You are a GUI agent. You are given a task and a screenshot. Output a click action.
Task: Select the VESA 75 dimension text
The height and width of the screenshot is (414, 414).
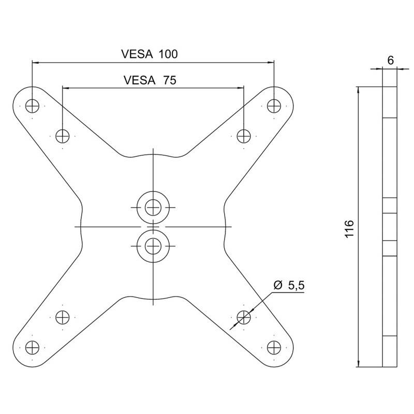coord(150,80)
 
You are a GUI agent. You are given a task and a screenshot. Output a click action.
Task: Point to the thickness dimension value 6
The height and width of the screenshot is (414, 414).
coord(390,60)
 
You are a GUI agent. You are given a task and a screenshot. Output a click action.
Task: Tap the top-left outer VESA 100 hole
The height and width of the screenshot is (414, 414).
coord(32,106)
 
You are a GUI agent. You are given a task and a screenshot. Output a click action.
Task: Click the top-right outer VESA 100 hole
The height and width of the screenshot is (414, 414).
coord(274,106)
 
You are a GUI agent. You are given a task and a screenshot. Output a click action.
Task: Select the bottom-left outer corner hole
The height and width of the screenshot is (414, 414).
coord(32,347)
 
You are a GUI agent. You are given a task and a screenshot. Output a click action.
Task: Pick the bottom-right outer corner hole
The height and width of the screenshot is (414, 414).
coord(274,347)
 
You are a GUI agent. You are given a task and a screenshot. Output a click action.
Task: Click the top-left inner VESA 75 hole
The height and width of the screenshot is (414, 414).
coord(62,136)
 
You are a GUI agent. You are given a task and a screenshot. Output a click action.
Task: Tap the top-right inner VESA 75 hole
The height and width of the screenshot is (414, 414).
coord(243,136)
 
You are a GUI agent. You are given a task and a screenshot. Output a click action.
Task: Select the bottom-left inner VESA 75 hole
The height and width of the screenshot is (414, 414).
coord(62,316)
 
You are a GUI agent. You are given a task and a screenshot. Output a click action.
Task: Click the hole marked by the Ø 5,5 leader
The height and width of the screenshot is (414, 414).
coord(243,316)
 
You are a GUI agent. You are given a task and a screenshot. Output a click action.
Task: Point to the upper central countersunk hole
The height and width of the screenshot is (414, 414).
coord(153,207)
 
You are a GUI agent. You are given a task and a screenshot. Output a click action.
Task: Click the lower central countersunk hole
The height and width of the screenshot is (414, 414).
coord(153,246)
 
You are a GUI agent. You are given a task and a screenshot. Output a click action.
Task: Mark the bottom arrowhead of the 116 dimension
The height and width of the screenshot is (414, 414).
coord(359,363)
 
